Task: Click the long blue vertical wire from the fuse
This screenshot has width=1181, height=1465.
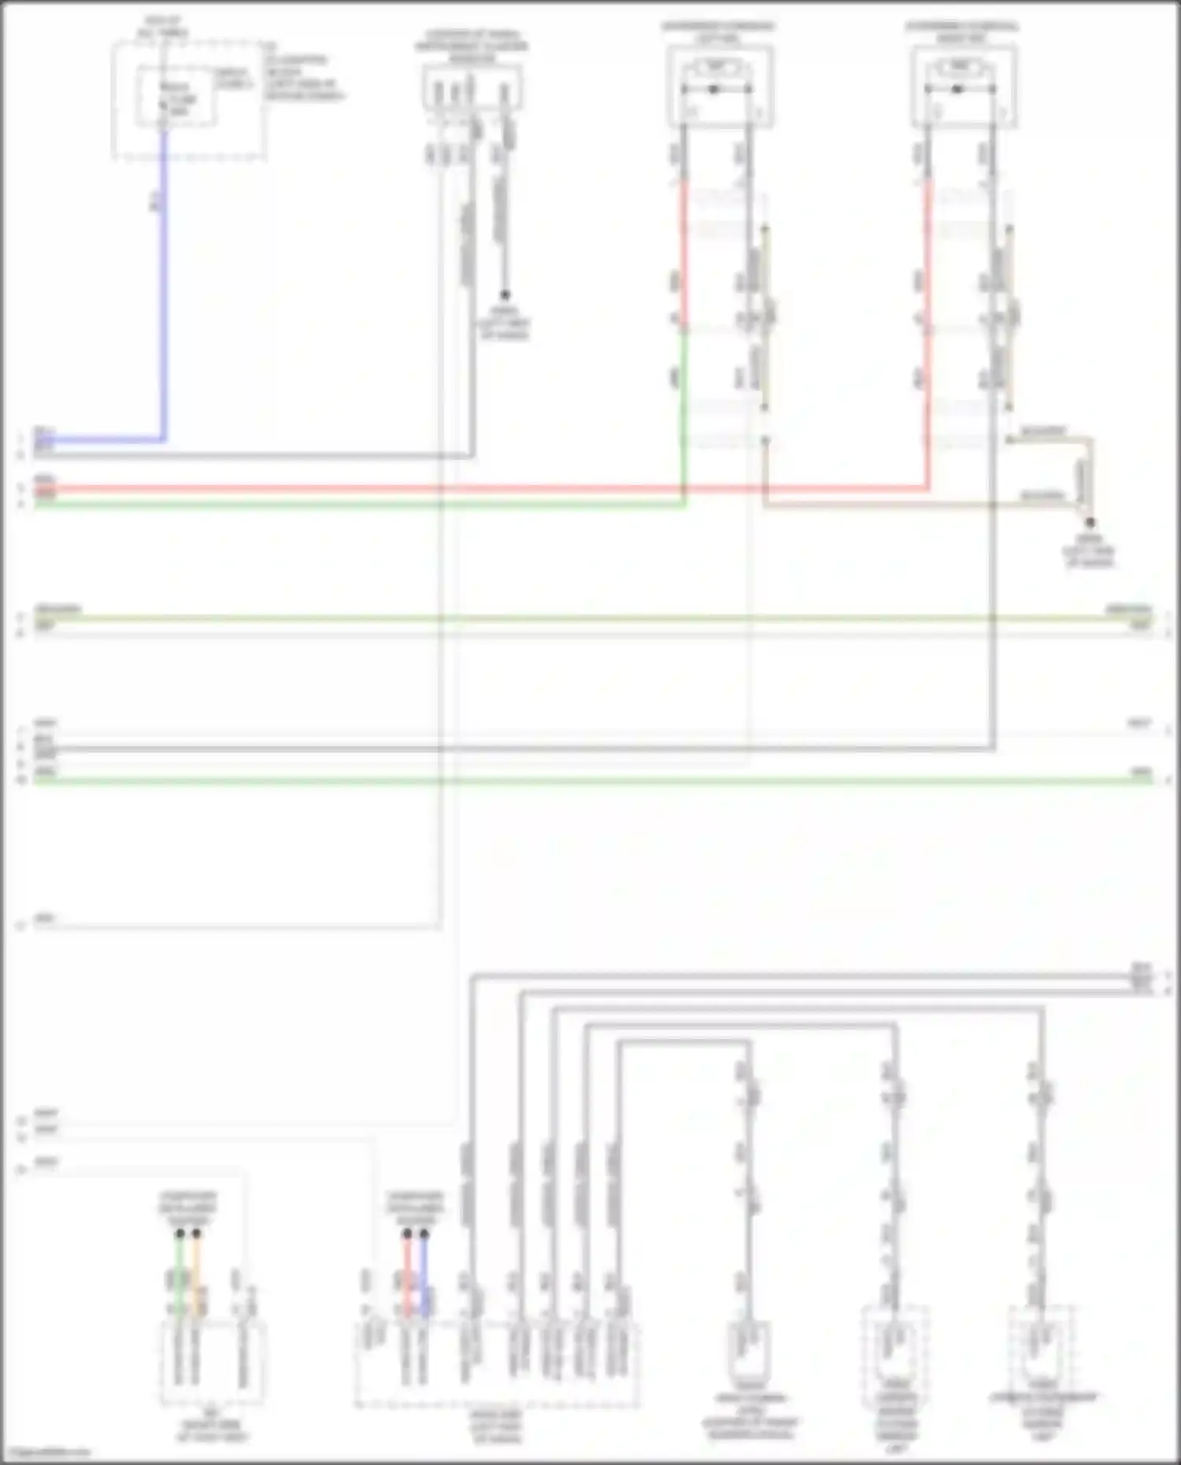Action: pyautogui.click(x=164, y=283)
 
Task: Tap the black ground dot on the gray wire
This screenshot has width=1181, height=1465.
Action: pyautogui.click(x=505, y=295)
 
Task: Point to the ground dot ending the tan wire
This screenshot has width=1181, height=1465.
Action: pyautogui.click(x=1090, y=522)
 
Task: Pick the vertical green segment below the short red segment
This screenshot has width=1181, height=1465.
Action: pyautogui.click(x=683, y=417)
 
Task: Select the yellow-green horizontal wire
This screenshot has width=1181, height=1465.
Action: pyautogui.click(x=590, y=618)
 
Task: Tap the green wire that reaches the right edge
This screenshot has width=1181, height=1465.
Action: pyautogui.click(x=590, y=780)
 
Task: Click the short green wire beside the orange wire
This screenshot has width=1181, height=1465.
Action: pyautogui.click(x=180, y=1275)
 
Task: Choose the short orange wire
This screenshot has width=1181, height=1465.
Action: pyautogui.click(x=196, y=1275)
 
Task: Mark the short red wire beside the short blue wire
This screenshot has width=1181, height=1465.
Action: pyautogui.click(x=407, y=1275)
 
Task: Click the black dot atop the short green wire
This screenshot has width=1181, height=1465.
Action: pyautogui.click(x=180, y=1234)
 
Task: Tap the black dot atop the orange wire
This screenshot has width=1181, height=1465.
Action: pyautogui.click(x=196, y=1234)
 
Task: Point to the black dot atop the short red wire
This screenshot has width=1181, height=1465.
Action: pyautogui.click(x=407, y=1234)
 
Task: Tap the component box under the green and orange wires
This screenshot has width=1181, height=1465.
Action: pyautogui.click(x=213, y=1362)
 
